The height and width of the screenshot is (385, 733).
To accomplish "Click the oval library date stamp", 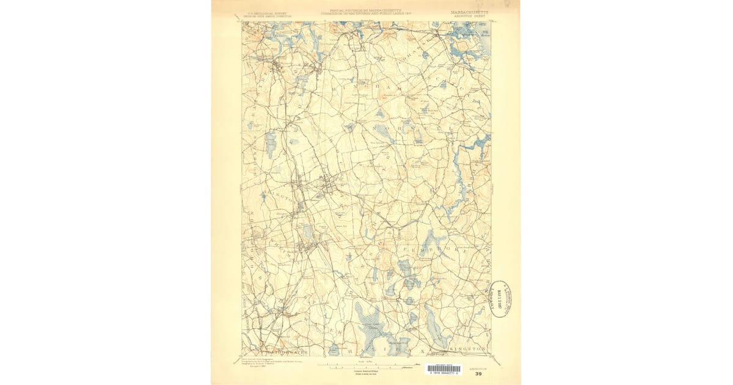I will pyautogui.click(x=501, y=299).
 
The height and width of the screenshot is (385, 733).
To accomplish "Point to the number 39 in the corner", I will pyautogui.click(x=478, y=374).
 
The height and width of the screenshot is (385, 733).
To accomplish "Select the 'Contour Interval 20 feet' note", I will pyautogui.click(x=366, y=371).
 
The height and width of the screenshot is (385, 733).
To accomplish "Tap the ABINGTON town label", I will pyautogui.click(x=283, y=199).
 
